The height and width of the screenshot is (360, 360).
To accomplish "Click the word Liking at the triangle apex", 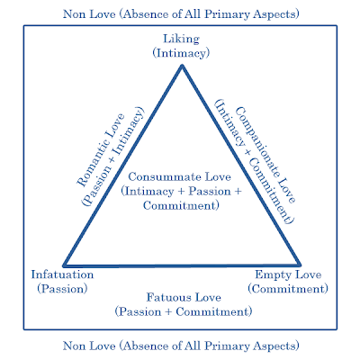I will point(181,40).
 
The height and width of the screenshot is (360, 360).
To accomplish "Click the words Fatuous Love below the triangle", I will point(181,297).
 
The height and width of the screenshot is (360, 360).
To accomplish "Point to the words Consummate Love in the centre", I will point(181,175).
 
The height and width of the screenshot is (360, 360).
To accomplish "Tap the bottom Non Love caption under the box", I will point(181,345).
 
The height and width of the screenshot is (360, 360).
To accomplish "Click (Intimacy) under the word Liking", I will point(181,54).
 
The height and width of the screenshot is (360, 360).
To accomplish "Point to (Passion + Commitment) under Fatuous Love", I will point(181,310).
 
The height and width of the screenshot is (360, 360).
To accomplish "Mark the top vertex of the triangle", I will point(181,68).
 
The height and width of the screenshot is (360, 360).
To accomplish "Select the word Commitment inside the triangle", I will point(181,205).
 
